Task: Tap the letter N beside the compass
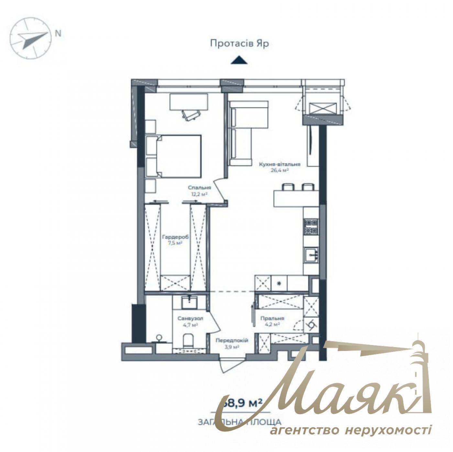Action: (x=58, y=33)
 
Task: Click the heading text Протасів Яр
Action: (x=239, y=44)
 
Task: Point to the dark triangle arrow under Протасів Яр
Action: (x=239, y=60)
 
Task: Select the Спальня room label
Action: (x=200, y=188)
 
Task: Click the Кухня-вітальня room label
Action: (x=280, y=164)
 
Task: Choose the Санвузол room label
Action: (x=190, y=319)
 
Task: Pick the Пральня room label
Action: (x=272, y=318)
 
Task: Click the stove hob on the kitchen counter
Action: (x=311, y=226)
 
